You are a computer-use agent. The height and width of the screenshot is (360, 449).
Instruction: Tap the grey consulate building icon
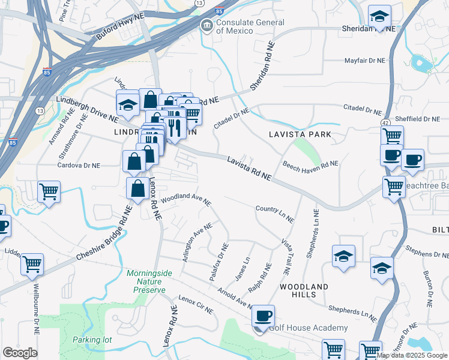pos(207,26)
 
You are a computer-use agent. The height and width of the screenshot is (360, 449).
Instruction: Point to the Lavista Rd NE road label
pos(249,168)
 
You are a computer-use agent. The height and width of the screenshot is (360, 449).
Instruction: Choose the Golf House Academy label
pos(307,328)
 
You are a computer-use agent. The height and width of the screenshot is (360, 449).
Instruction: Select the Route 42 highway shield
pos(383,122)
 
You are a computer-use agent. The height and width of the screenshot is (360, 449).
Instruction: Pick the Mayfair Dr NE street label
pos(364,61)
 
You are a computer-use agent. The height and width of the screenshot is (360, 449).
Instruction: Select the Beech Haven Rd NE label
pos(310,164)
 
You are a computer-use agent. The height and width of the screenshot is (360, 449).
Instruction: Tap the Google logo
pos(20,352)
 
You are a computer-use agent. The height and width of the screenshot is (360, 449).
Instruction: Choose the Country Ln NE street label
pos(274,214)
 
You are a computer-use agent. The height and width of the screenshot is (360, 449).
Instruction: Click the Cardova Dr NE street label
pos(79,165)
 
